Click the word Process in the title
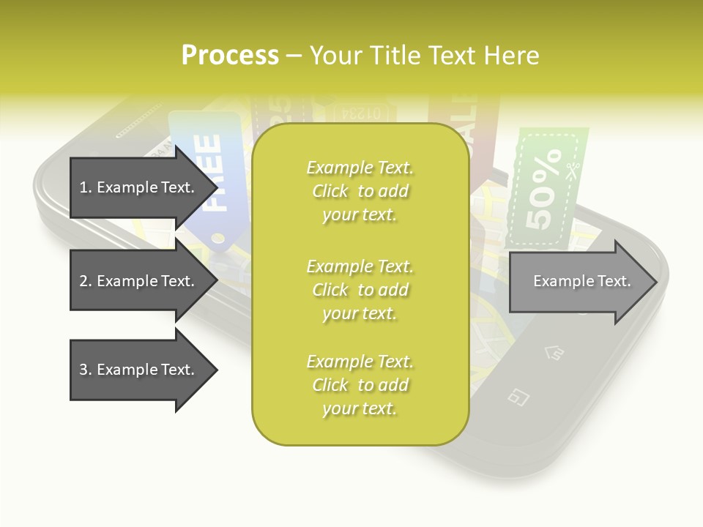(230, 56)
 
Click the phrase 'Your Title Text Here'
(425, 56)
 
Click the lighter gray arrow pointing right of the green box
(582, 281)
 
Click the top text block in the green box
(360, 191)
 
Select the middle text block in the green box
(360, 290)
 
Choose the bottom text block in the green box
(360, 385)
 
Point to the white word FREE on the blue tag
(211, 173)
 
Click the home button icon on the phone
(554, 354)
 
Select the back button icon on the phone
(518, 397)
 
